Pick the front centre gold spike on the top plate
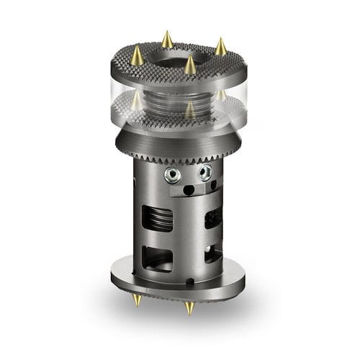pyautogui.click(x=190, y=66)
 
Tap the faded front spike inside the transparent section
pyautogui.click(x=189, y=109)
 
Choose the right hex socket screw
pyautogui.click(x=206, y=173)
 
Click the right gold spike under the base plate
pyautogui.click(x=189, y=309)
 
